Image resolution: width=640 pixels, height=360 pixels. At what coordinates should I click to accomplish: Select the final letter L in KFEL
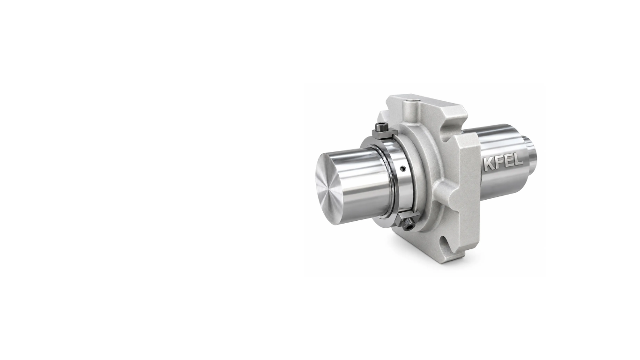coord(518,159)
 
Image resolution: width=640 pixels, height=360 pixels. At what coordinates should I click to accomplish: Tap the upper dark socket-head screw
coord(382,127)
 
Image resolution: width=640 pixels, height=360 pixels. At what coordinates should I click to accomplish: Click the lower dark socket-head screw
coord(408,224)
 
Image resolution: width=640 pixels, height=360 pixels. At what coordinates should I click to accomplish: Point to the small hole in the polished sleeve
coord(403,168)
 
